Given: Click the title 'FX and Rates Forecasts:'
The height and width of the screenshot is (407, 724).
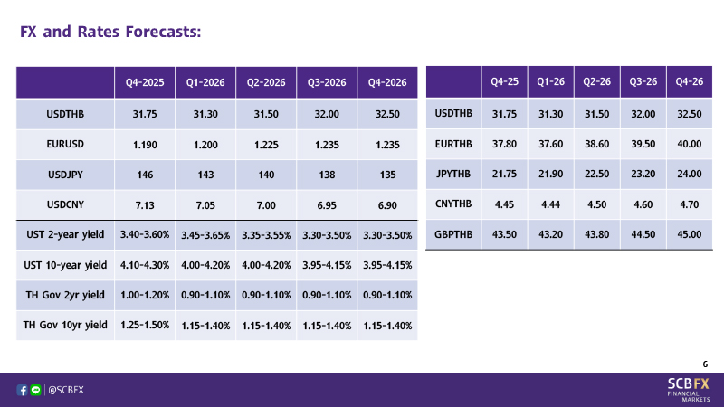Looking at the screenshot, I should [110, 33].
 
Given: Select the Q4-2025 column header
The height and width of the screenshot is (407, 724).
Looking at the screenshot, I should [145, 83].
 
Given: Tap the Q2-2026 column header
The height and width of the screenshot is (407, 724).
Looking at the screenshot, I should [266, 83].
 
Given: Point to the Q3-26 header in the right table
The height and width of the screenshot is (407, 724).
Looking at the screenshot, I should [642, 81].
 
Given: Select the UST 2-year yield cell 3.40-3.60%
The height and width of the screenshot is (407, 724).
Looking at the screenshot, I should [145, 235].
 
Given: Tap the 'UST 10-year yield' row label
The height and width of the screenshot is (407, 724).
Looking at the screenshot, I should [65, 265].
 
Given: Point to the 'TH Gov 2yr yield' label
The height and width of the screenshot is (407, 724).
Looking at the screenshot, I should [65, 295].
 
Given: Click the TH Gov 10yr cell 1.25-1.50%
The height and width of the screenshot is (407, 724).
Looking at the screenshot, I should [145, 325].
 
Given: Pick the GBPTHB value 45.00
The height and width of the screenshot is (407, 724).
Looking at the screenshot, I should [690, 234].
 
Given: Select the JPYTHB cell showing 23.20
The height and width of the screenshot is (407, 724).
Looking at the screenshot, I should [642, 174].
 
